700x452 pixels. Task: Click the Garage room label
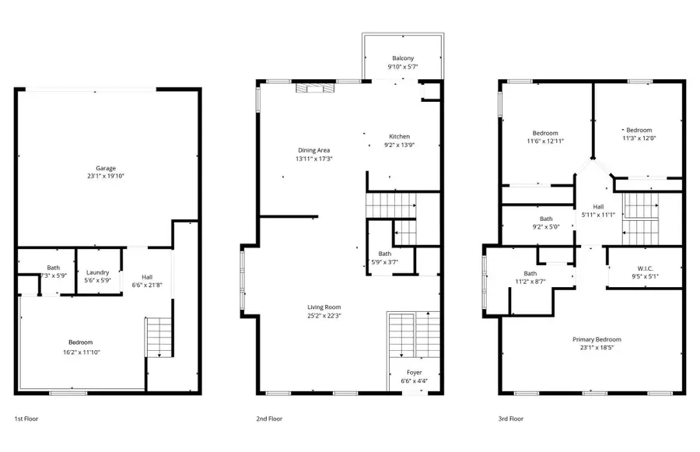[106, 168]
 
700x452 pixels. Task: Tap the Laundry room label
[97, 272]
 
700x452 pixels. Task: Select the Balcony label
[403, 58]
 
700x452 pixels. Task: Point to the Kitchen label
[400, 137]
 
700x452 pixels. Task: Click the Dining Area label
[313, 150]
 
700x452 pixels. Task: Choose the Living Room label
[324, 307]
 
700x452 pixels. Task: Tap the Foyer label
[415, 373]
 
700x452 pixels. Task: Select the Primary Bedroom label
[597, 339]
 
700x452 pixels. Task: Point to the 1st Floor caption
[26, 419]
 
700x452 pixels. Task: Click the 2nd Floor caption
[269, 419]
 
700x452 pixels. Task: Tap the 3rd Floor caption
[511, 419]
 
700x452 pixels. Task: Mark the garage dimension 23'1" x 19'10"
[106, 177]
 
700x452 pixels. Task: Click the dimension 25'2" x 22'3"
[324, 316]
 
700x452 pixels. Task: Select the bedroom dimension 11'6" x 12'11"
[544, 142]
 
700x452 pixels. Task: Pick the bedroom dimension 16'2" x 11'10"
[80, 352]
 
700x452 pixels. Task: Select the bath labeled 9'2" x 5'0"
[545, 223]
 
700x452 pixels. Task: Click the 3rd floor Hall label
[598, 206]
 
